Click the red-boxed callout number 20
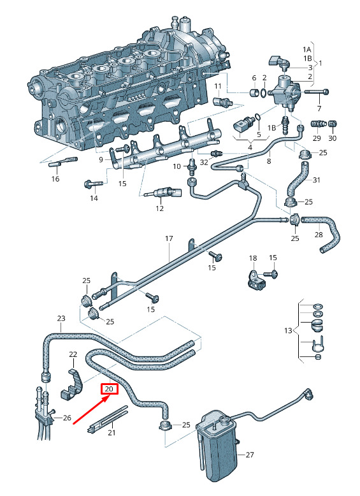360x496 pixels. tap(109, 389)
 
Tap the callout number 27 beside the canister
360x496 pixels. tap(250, 455)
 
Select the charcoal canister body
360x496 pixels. tap(217, 446)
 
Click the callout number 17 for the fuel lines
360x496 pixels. tap(169, 238)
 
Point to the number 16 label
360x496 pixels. tap(55, 179)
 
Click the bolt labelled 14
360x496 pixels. tap(93, 184)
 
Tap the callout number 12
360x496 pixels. tap(160, 208)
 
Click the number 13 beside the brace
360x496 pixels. tap(288, 331)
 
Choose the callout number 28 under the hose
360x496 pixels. tap(319, 235)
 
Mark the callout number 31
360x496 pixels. tap(317, 180)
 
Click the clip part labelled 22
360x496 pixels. tap(71, 384)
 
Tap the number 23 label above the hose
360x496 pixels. tap(61, 318)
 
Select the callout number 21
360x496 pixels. tap(112, 432)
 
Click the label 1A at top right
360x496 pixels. tap(307, 49)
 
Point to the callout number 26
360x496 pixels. tap(67, 418)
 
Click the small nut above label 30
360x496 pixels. tap(332, 124)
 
